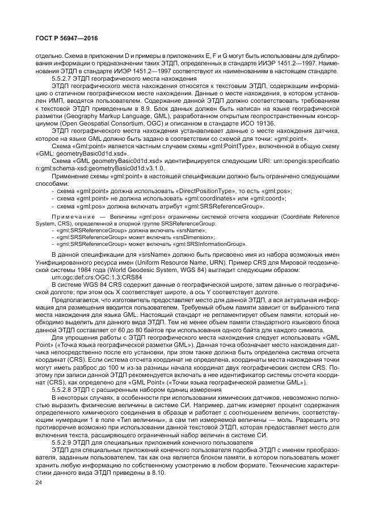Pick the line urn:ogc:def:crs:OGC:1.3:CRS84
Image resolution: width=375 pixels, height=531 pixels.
tap(95, 277)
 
